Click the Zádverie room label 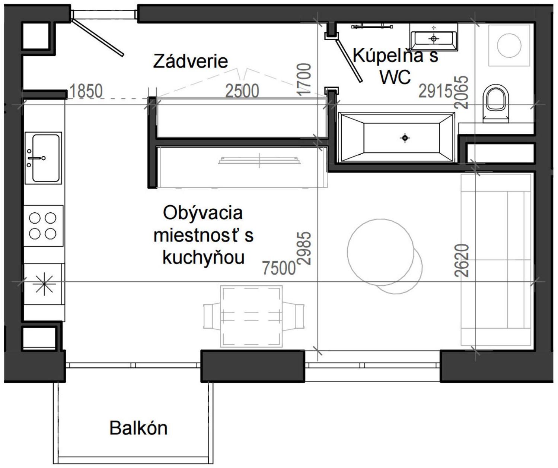[x=190, y=61]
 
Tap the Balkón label [x=138, y=428]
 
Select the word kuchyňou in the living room [x=203, y=257]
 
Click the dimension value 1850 [x=86, y=91]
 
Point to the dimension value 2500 [x=242, y=91]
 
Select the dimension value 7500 [x=279, y=268]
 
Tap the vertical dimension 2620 [x=462, y=260]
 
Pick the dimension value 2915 [x=435, y=91]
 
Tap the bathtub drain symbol [x=405, y=138]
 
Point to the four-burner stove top [x=43, y=226]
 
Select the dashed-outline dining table [x=251, y=316]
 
